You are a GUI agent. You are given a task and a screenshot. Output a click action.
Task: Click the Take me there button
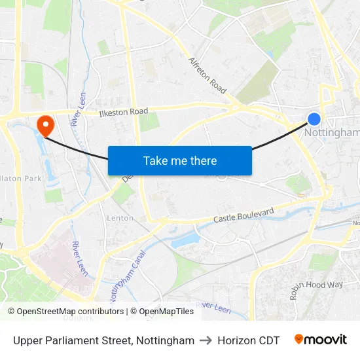(x=180, y=161)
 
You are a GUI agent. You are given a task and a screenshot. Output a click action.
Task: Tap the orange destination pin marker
(x=46, y=124)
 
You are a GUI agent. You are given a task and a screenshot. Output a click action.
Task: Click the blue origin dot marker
(x=314, y=118)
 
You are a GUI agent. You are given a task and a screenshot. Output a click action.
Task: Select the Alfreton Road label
(x=207, y=75)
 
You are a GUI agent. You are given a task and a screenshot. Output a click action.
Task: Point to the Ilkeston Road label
(x=123, y=112)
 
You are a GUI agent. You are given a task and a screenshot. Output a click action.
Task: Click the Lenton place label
(x=120, y=218)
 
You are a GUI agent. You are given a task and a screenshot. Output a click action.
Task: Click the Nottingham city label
(x=333, y=133)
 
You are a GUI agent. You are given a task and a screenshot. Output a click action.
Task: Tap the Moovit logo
(x=320, y=340)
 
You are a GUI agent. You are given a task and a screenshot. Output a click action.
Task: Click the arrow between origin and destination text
(x=206, y=340)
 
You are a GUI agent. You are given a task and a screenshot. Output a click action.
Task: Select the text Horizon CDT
(x=248, y=340)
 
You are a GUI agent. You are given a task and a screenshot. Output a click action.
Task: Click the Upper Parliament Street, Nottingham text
(x=103, y=340)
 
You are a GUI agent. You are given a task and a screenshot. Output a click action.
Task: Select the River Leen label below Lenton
(x=81, y=258)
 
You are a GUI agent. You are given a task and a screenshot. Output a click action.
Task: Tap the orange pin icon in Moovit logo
(x=298, y=340)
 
